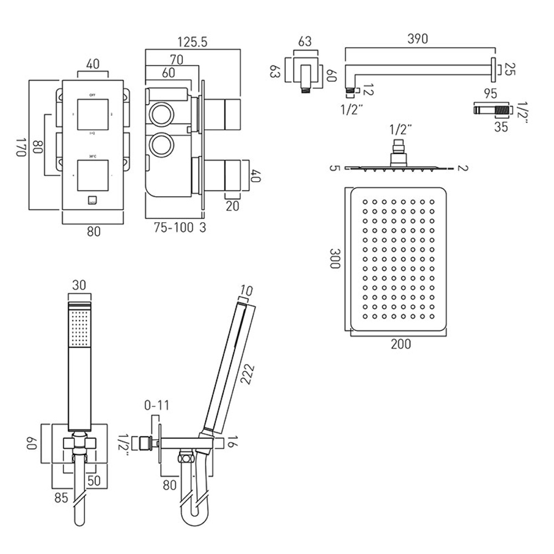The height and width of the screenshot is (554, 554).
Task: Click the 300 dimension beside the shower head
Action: pos(334,258)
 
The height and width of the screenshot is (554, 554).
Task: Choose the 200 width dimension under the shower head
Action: pos(401,344)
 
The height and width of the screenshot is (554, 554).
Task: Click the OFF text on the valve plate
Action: pos(93,93)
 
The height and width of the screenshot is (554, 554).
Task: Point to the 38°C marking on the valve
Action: pos(93,155)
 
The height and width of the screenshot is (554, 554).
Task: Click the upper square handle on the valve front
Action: pos(93,114)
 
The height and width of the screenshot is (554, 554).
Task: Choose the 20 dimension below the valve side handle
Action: pos(232,206)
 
